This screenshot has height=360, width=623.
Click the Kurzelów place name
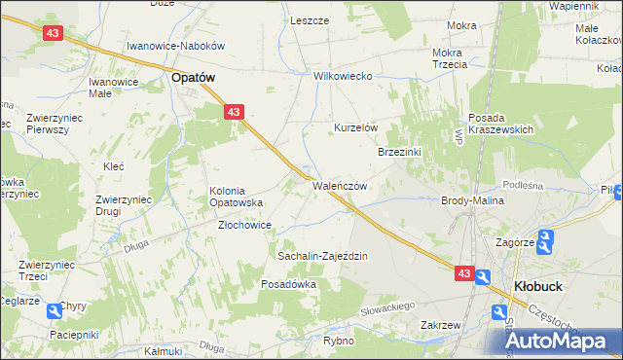tap(355, 128)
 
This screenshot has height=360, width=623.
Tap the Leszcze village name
tap(309, 20)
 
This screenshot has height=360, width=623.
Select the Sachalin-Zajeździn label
tap(322, 256)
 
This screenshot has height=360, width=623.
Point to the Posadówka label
tap(289, 284)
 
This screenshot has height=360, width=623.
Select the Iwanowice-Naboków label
tap(176, 46)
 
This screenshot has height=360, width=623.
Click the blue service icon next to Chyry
tap(49, 306)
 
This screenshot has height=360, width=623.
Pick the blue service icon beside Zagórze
tap(546, 238)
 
